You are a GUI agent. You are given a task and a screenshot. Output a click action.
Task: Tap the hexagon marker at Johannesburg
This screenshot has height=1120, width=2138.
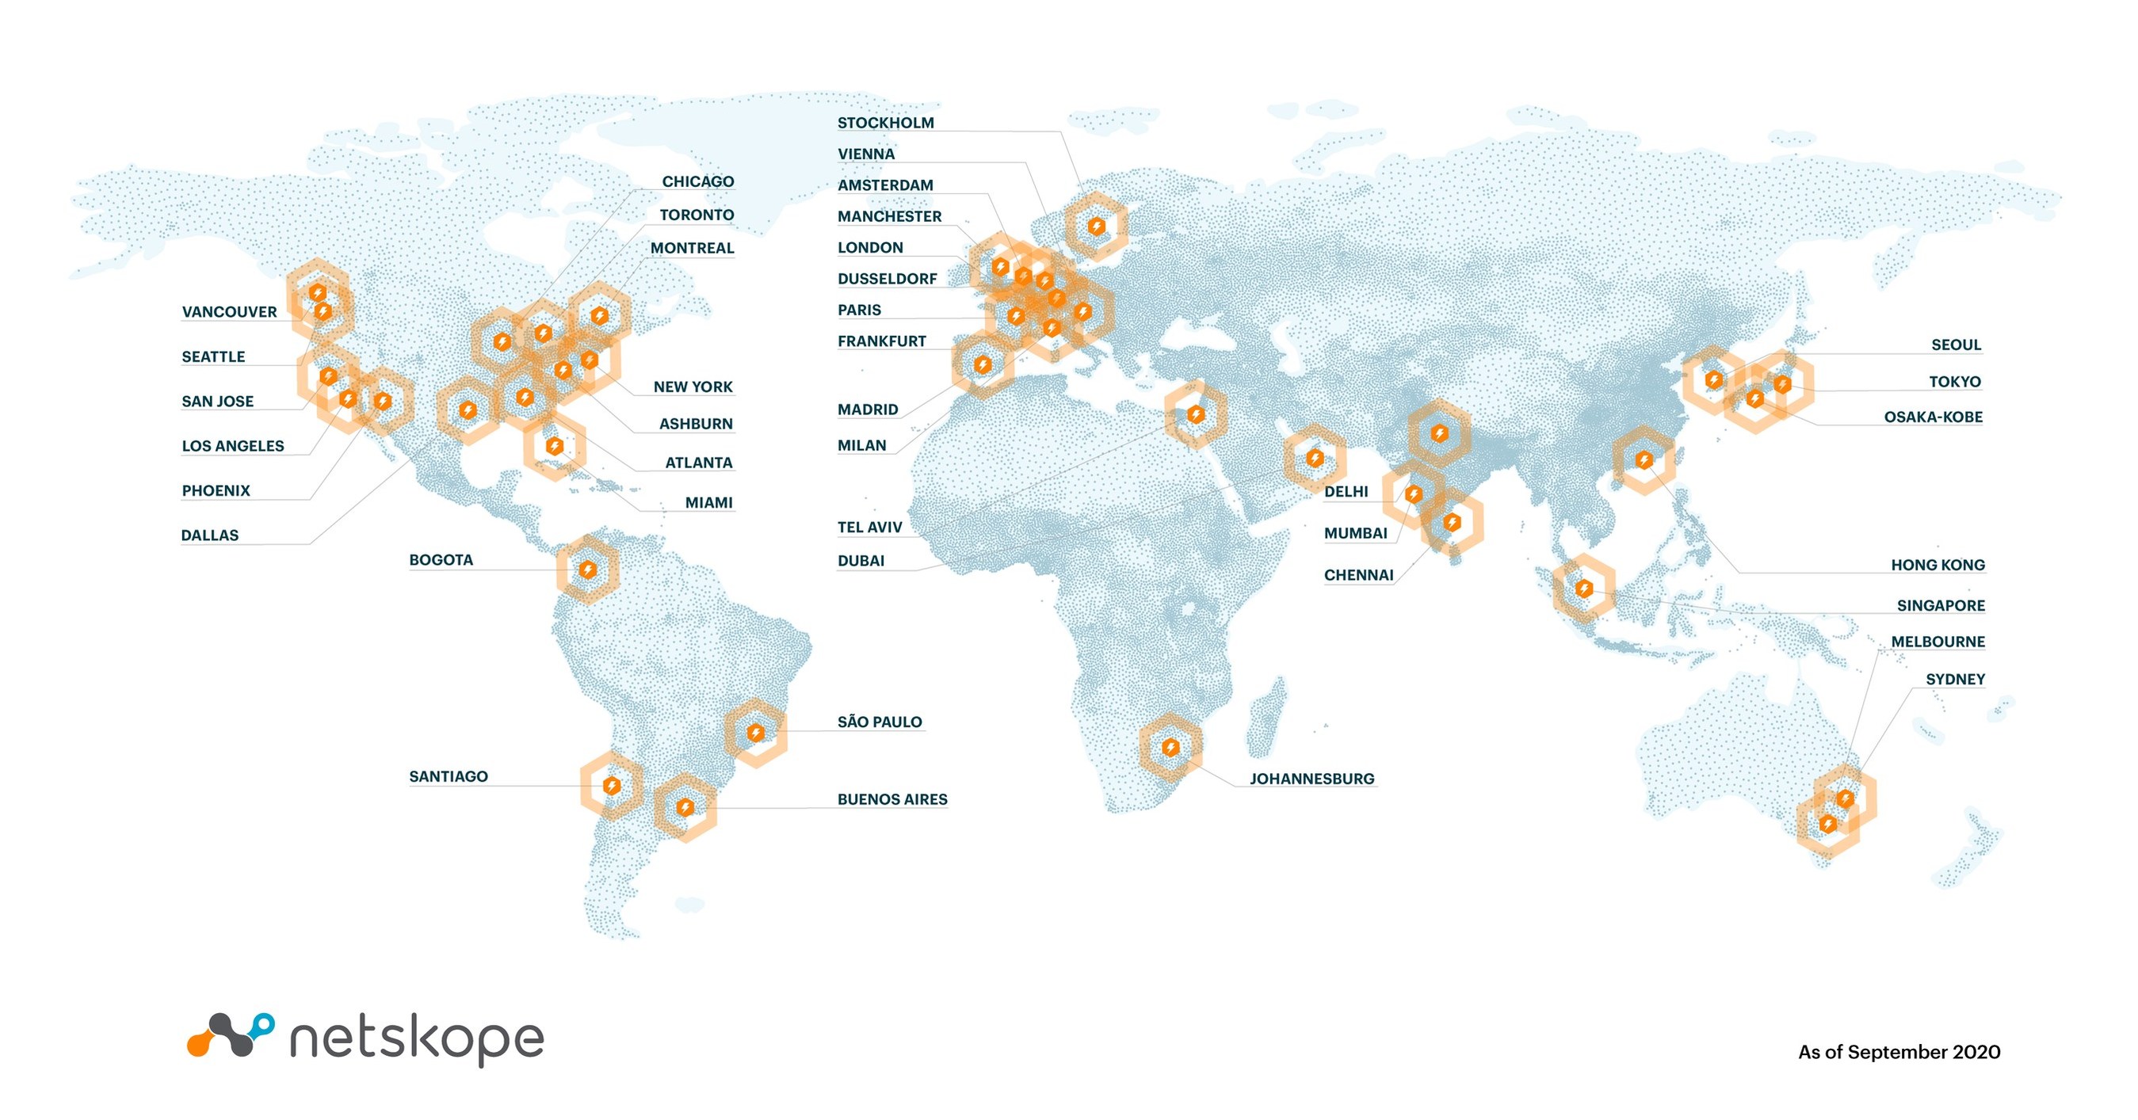coord(1170,748)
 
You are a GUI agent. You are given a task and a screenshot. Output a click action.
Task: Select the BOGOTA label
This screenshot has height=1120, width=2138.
coord(441,560)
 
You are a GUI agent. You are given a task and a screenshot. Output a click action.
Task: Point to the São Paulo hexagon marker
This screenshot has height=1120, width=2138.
coord(755,733)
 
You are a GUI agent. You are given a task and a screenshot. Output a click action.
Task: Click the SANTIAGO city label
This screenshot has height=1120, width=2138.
coord(449,776)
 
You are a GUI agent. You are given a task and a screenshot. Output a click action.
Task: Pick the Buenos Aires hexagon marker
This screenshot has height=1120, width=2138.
coord(685,806)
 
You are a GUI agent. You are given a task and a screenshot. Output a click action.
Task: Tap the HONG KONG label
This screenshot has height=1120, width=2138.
coord(1938,565)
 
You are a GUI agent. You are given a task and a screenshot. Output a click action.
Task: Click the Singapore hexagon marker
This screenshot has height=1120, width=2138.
coord(1583,589)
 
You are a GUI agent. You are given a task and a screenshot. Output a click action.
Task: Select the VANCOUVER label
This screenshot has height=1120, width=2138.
coord(229,312)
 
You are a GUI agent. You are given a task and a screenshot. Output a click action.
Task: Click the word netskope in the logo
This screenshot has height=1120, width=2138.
coord(417,1038)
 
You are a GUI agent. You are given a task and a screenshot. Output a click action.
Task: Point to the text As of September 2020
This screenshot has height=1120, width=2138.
coord(1899,1052)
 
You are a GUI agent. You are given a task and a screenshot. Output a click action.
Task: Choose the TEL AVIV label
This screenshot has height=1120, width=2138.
coord(869,527)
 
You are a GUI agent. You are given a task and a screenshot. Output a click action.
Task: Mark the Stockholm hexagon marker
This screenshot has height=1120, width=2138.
coord(1097,226)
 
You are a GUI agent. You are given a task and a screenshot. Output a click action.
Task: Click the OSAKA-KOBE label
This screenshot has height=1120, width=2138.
coord(1933,417)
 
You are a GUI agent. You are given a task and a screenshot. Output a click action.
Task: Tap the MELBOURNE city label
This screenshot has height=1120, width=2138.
coord(1938,642)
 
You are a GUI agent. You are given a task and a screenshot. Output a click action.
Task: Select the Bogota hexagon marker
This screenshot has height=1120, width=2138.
coord(588,570)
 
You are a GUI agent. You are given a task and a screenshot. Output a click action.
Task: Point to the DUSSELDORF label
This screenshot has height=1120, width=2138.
coord(887,279)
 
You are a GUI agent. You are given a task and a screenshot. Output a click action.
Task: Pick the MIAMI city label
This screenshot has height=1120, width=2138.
coord(708,503)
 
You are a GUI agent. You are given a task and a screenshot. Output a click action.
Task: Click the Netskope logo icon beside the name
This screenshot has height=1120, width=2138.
coord(230,1034)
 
